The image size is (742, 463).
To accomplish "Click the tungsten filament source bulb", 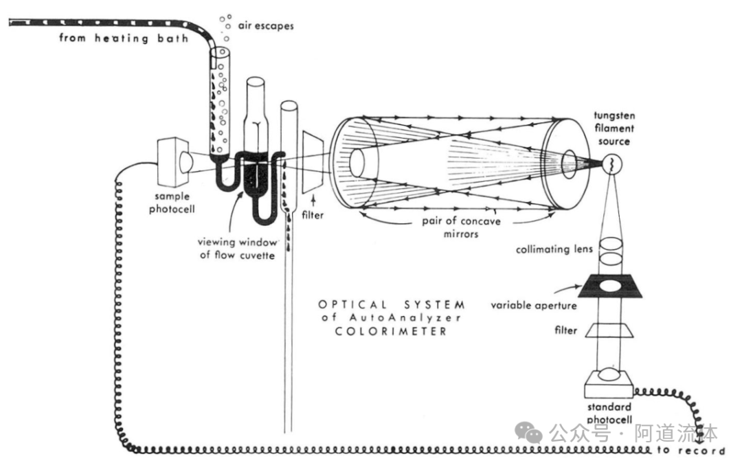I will (x=612, y=163).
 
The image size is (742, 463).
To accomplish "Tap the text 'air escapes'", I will (x=267, y=26).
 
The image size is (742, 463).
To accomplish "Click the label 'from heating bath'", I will (x=123, y=37).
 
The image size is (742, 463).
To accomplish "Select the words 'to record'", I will (x=690, y=451).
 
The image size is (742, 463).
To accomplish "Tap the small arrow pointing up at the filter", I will (x=315, y=199).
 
